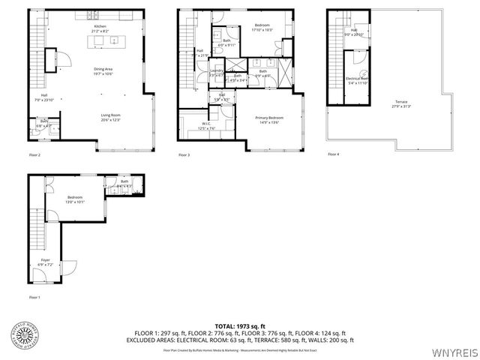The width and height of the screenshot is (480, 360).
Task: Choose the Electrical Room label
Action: click(355, 80)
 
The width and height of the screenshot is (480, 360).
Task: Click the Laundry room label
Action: click(217, 72)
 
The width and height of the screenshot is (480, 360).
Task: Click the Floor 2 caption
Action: click(34, 155)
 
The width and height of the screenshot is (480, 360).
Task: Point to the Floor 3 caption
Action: click(184, 155)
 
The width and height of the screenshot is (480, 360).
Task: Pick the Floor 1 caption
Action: click(34, 298)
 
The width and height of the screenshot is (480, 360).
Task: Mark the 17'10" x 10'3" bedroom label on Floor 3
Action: click(262, 28)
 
